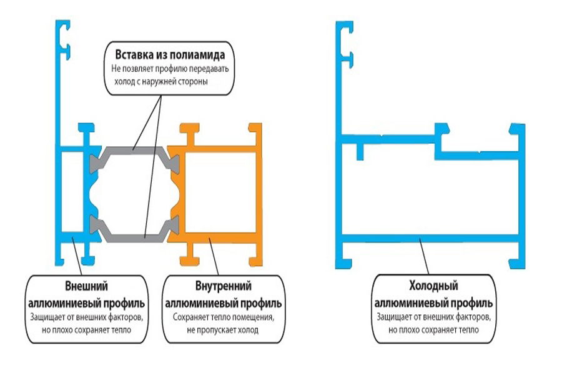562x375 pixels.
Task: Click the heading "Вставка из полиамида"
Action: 170,54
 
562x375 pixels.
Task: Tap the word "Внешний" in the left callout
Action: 86,286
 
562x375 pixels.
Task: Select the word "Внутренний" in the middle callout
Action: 224,286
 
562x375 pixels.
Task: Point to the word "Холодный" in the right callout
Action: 434,286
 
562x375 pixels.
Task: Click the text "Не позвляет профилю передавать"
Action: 170,69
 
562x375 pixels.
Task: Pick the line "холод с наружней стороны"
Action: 161,81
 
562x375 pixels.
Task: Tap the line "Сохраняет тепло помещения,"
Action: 224,317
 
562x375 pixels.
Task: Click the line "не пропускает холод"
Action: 222,329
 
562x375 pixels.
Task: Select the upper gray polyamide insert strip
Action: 134,150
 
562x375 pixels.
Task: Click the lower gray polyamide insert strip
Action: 134,237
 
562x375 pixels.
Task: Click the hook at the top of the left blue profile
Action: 63,39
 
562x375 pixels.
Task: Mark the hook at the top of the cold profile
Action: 345,44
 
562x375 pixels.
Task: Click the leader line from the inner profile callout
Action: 214,256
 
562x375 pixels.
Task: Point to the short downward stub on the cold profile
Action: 360,151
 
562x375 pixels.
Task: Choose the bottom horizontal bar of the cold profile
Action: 430,238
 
